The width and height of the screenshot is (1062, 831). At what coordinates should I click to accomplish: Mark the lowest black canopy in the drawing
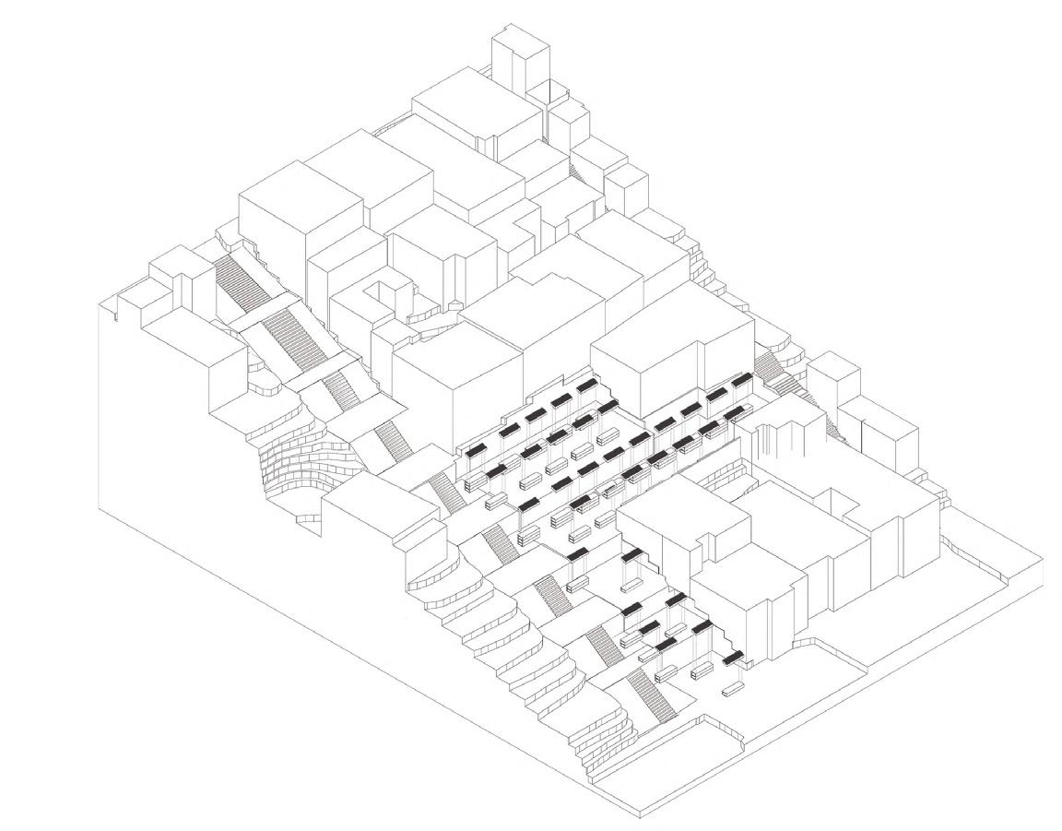pos(735,658)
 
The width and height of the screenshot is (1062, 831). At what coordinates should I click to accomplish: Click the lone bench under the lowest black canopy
pos(735,688)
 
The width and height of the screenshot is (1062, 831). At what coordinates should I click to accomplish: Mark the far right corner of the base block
pos(1042,558)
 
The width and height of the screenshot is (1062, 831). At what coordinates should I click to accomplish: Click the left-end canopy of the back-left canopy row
pos(476,450)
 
